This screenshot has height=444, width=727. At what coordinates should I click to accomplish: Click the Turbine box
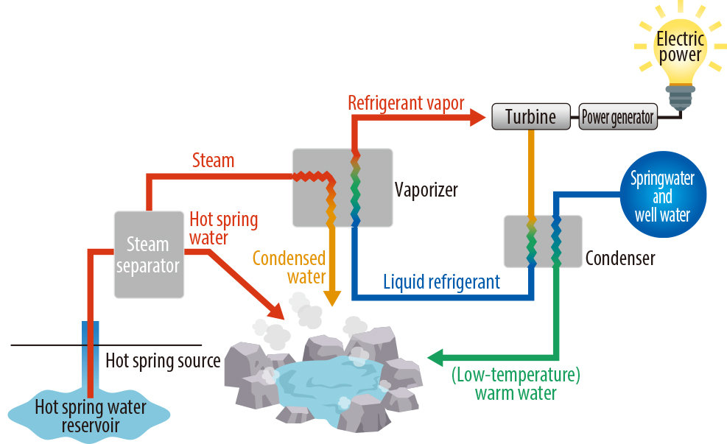click(x=530, y=116)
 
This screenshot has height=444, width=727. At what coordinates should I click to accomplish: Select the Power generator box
click(x=617, y=117)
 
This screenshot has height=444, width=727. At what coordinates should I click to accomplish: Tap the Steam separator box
click(x=148, y=254)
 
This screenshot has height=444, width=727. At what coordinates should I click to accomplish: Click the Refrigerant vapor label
click(x=406, y=102)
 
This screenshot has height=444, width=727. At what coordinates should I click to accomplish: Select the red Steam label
click(x=213, y=159)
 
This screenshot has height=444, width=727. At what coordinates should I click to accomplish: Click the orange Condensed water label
click(x=289, y=267)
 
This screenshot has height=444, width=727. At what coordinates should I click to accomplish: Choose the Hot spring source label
click(x=163, y=360)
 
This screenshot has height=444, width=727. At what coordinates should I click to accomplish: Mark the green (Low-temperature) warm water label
click(x=516, y=383)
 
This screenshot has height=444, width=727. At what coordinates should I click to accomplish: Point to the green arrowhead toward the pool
click(x=435, y=358)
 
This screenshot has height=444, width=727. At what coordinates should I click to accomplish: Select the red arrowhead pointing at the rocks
click(x=276, y=311)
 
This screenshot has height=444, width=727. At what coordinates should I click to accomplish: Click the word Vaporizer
click(x=426, y=189)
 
